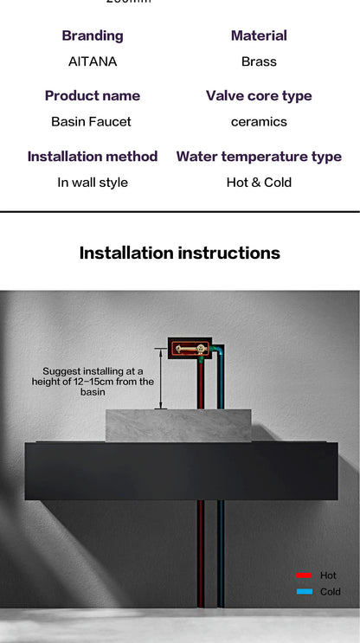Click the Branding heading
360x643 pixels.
coord(93,35)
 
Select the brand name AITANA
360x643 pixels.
coord(93,61)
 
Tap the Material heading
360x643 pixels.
coord(259,35)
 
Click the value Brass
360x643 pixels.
coord(259,61)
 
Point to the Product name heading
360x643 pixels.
coord(93,95)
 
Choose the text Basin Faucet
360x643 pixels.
coord(91,121)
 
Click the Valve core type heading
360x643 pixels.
coord(259,95)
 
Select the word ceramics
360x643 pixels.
coord(259,121)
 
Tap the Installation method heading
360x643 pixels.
coord(93,157)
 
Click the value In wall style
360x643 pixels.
coord(93,182)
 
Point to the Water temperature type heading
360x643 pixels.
coord(259,157)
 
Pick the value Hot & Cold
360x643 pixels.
coord(259,182)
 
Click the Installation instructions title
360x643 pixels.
coord(180,253)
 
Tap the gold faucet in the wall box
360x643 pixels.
coord(190,349)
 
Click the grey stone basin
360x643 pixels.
coord(177,425)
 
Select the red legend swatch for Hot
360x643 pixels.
coord(304,575)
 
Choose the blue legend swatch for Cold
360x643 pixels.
coord(304,592)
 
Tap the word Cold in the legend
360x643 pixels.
coord(331,592)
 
